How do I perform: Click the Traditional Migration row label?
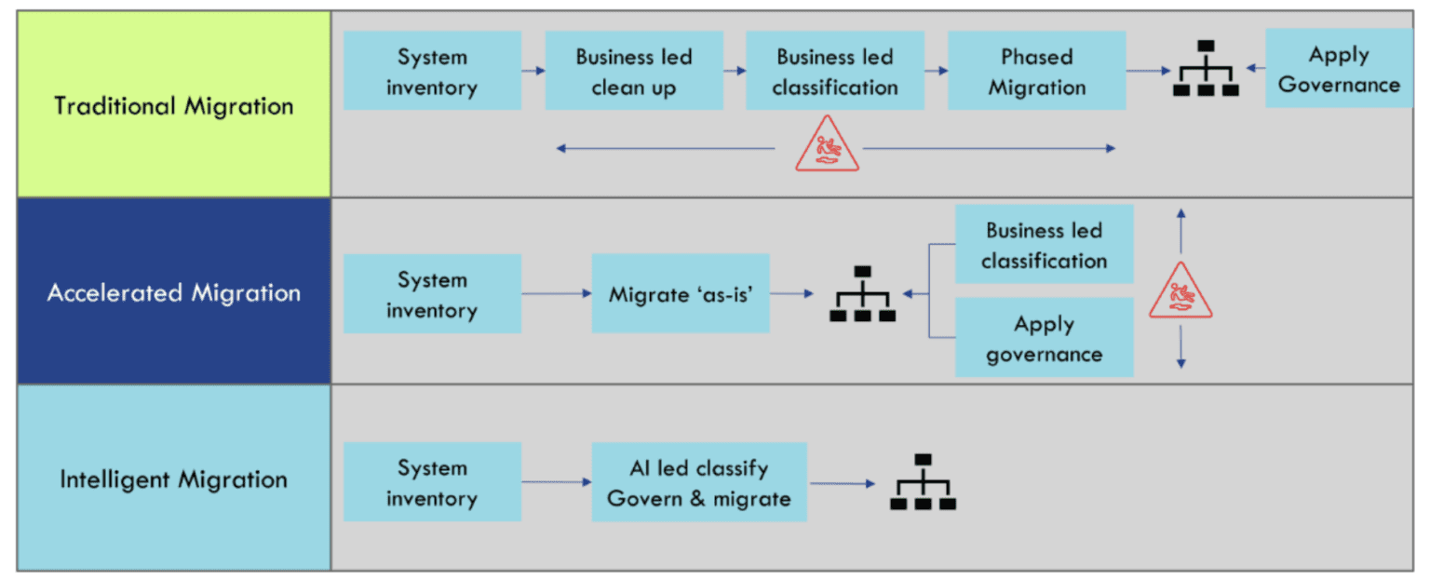coord(174,105)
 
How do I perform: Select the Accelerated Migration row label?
coord(174,292)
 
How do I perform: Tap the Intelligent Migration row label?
coord(174,479)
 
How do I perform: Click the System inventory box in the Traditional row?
coord(432,72)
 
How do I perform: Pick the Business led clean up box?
coord(633,72)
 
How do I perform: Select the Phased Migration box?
coord(1036,72)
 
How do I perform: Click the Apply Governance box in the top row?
coord(1339,69)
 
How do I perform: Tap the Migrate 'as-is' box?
coord(680,293)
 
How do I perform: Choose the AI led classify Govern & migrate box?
coord(698,482)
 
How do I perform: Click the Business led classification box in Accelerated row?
coord(1044,245)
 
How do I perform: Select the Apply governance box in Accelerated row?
coord(1044,338)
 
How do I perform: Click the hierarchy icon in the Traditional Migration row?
coord(1205,70)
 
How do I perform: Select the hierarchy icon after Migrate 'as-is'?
coord(862,294)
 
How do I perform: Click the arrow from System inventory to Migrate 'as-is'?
coord(556,293)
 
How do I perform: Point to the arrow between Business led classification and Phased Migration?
coord(936,70)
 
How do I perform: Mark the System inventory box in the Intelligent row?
coord(432,482)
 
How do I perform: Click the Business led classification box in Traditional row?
coord(834,72)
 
